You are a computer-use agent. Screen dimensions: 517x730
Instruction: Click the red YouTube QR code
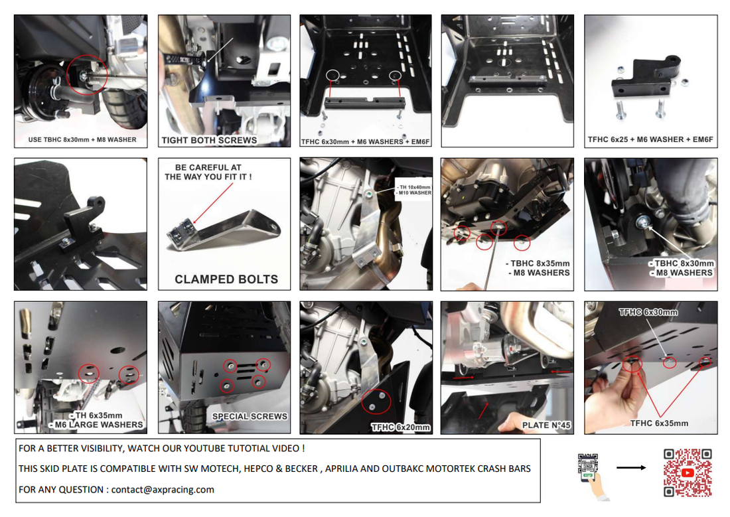pos(688,473)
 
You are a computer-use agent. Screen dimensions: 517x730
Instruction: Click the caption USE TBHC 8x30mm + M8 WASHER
pos(82,140)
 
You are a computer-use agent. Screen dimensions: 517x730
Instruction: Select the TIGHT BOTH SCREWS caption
pos(209,141)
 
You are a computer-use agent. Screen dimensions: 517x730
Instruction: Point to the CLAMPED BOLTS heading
pos(226,279)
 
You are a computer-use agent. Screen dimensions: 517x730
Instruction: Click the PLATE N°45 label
pos(546,425)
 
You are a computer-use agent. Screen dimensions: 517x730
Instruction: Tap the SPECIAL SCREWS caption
pos(250,417)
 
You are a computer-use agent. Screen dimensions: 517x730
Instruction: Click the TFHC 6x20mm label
pos(400,427)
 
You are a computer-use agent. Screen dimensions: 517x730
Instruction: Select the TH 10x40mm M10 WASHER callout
pos(414,190)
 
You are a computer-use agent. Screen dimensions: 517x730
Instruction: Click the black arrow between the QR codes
pos(631,467)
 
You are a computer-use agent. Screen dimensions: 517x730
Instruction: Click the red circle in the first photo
pos(87,75)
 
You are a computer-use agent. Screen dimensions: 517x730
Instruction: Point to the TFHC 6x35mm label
pos(659,423)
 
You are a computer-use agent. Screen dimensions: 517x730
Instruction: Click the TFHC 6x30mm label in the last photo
pos(648,312)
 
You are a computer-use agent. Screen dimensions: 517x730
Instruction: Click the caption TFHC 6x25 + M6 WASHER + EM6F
pos(650,140)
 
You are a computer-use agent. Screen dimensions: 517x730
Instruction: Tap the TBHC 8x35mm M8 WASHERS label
pos(538,267)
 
